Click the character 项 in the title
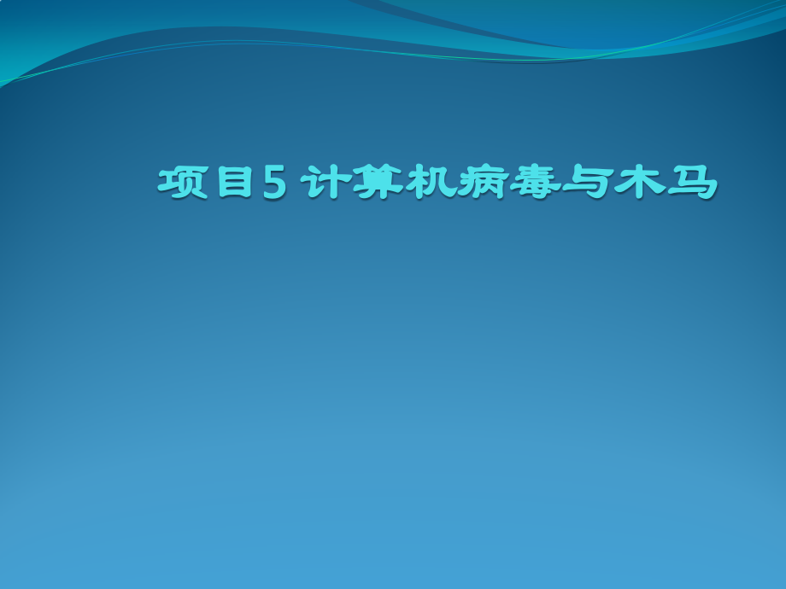click(183, 183)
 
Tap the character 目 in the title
click(235, 183)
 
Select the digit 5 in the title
click(275, 183)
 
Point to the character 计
click(326, 183)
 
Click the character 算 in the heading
click(378, 183)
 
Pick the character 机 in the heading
click(431, 183)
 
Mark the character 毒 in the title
click(536, 183)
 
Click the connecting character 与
click(588, 183)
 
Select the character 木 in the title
click(640, 183)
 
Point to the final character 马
click(692, 183)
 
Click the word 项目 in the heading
click(204, 183)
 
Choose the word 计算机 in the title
click(378, 183)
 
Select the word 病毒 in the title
click(509, 183)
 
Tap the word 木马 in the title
click(666, 183)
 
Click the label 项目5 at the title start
click(223, 183)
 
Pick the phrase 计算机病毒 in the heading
click(431, 183)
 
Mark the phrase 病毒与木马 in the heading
click(588, 183)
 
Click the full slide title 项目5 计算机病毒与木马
click(437, 183)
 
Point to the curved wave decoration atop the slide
click(393, 35)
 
